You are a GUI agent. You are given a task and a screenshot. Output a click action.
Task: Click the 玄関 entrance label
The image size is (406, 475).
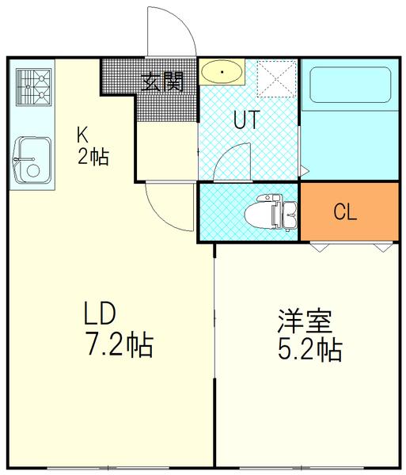(163, 81)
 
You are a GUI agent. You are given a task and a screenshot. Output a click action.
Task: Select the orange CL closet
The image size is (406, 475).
(344, 211)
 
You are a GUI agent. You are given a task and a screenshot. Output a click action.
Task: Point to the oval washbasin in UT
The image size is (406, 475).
(222, 74)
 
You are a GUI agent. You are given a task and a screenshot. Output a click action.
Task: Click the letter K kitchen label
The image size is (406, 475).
(82, 133)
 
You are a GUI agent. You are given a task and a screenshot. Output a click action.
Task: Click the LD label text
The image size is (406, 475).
(101, 315)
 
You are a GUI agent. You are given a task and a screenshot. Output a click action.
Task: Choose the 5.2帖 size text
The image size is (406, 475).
(309, 349)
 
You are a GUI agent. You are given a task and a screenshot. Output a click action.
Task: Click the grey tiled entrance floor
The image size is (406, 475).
(119, 75)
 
